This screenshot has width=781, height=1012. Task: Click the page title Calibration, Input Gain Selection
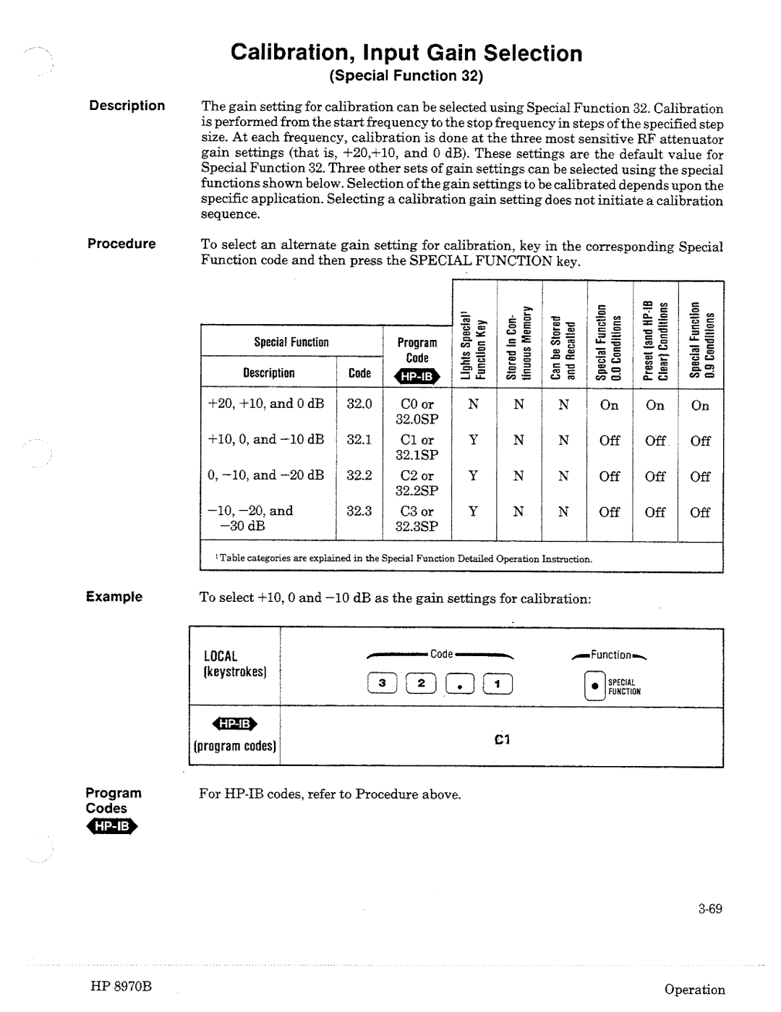click(x=406, y=54)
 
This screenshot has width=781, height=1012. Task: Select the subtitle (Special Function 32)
click(x=406, y=76)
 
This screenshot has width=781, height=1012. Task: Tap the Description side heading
click(x=127, y=106)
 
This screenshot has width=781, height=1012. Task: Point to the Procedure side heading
click(x=121, y=244)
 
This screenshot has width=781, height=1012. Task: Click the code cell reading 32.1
click(x=359, y=440)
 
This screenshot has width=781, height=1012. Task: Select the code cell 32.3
click(x=359, y=511)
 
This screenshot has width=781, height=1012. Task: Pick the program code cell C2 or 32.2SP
click(x=417, y=483)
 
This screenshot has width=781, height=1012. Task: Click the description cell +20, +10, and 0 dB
click(x=266, y=404)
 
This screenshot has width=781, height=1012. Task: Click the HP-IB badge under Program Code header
click(x=417, y=376)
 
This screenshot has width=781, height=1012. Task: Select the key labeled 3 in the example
click(x=385, y=682)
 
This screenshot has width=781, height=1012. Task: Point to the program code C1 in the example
click(x=503, y=740)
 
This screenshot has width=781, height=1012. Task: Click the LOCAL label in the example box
click(x=221, y=657)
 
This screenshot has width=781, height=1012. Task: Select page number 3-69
click(x=711, y=909)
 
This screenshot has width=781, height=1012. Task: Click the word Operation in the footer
click(x=695, y=990)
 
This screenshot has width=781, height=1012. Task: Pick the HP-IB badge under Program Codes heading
click(x=111, y=827)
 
